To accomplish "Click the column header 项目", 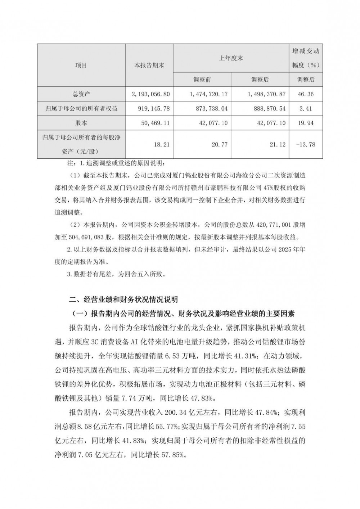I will tap(81, 65).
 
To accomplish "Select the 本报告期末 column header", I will tap(149, 65).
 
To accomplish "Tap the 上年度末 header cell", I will tap(231, 58).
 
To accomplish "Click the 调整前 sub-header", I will tap(202, 79).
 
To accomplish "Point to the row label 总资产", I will tap(81, 94).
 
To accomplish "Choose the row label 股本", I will tap(81, 123).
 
